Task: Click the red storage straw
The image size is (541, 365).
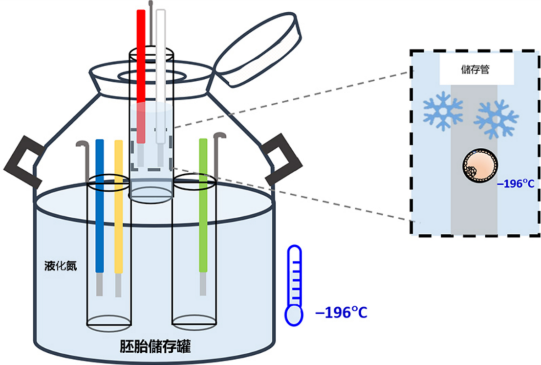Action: click(x=141, y=73)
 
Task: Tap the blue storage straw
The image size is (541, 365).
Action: click(x=100, y=205)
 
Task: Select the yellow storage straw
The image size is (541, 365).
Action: click(x=118, y=205)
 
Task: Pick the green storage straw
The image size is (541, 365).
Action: click(x=203, y=205)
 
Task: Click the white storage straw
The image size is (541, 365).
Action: click(x=160, y=73)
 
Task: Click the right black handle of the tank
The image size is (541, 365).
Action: click(x=281, y=160)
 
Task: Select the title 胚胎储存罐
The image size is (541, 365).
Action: click(x=155, y=347)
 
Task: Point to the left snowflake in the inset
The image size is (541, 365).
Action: click(x=443, y=111)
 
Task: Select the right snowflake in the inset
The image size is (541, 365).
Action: click(x=496, y=118)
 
